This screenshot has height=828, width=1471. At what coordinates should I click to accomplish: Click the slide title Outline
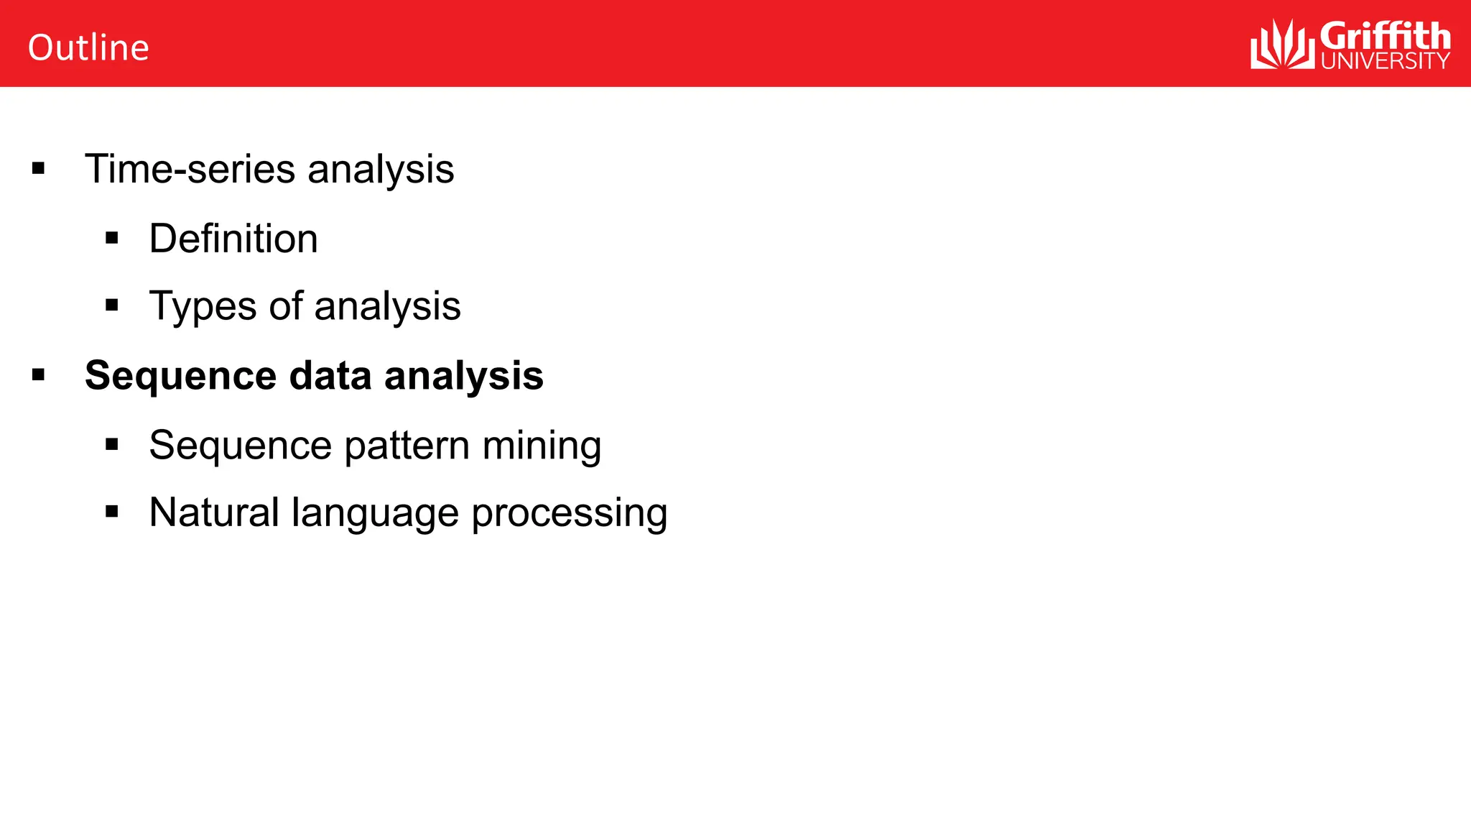pyautogui.click(x=88, y=48)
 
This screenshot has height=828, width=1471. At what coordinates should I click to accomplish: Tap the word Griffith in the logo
pyautogui.click(x=1385, y=36)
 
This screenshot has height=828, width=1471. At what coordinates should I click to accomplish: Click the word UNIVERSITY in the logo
pyautogui.click(x=1385, y=61)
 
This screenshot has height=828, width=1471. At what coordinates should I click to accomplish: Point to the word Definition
pyautogui.click(x=233, y=239)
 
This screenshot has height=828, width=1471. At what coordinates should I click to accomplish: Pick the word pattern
pyautogui.click(x=407, y=445)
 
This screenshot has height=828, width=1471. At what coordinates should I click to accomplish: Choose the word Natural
pyautogui.click(x=214, y=512)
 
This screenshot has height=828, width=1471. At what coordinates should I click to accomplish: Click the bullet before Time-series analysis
pyautogui.click(x=39, y=170)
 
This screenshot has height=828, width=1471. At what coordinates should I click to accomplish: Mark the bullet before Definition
pyautogui.click(x=111, y=238)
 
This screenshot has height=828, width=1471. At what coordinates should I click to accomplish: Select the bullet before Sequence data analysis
pyautogui.click(x=39, y=374)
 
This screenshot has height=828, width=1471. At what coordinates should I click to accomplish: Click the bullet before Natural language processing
pyautogui.click(x=111, y=512)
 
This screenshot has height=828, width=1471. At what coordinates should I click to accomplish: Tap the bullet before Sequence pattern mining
pyautogui.click(x=111, y=444)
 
